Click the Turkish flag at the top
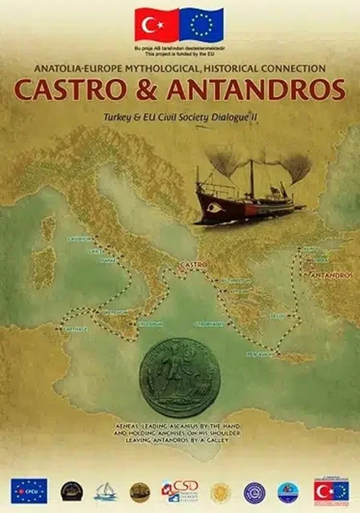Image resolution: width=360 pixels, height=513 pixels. coord(156,24)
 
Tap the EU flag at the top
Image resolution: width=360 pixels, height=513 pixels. coord(202,24)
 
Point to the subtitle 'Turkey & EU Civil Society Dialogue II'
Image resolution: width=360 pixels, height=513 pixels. coord(180,117)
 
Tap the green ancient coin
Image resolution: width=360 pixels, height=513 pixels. coord(180,378)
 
